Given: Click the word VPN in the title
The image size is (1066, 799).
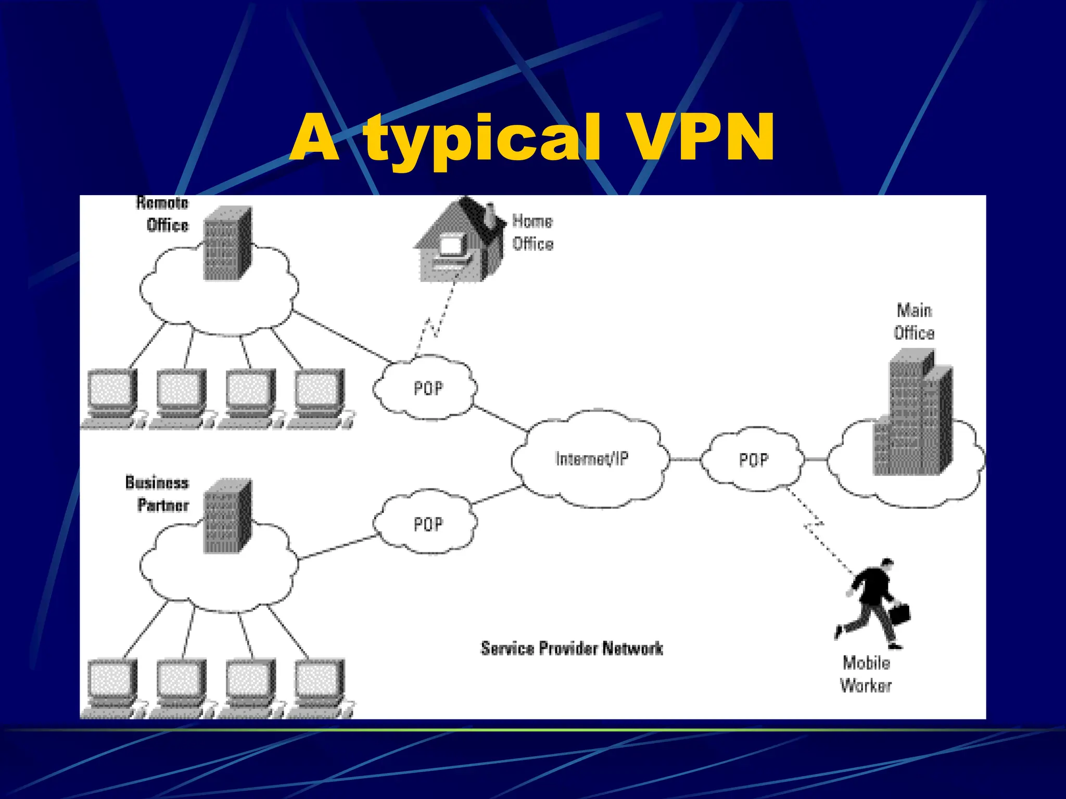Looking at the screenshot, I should pyautogui.click(x=700, y=136).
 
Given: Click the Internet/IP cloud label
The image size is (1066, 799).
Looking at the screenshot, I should pyautogui.click(x=592, y=459).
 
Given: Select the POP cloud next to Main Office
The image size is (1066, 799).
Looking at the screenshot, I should pyautogui.click(x=753, y=460).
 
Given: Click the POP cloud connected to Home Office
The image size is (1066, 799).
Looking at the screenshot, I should pyautogui.click(x=428, y=388).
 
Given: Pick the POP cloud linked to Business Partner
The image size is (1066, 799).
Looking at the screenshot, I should pyautogui.click(x=428, y=524).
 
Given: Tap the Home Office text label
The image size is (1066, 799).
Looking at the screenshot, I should pyautogui.click(x=532, y=233).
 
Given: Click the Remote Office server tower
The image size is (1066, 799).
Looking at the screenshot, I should pyautogui.click(x=227, y=243).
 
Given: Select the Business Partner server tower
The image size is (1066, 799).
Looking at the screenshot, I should pyautogui.click(x=227, y=516).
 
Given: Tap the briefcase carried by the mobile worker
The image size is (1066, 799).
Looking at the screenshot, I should pyautogui.click(x=899, y=614).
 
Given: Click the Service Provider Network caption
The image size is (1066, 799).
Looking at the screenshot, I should pyautogui.click(x=572, y=649).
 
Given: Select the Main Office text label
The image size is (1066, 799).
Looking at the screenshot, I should pyautogui.click(x=914, y=321).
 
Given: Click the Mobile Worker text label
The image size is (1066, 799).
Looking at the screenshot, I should pyautogui.click(x=866, y=674).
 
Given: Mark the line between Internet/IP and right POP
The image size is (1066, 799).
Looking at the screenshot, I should pyautogui.click(x=685, y=460).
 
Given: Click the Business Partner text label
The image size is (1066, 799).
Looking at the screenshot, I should pyautogui.click(x=157, y=494).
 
